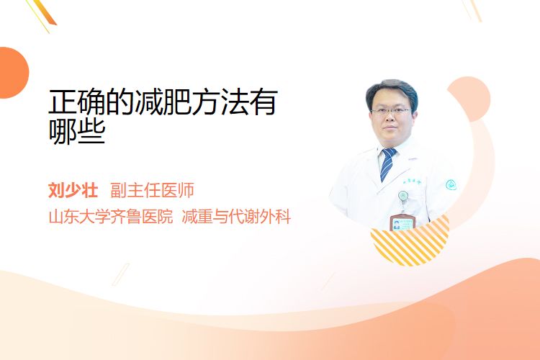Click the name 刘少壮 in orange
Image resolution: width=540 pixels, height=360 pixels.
[x=73, y=190]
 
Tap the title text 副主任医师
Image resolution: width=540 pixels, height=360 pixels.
[x=152, y=190]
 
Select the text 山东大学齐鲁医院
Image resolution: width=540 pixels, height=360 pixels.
[x=111, y=217]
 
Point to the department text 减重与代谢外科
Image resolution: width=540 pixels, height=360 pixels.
[x=236, y=217]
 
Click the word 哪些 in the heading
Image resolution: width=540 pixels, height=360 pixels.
[x=77, y=132]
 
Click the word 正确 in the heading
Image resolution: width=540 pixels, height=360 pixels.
[x=77, y=102]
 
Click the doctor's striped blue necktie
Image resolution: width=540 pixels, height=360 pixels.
[x=388, y=164]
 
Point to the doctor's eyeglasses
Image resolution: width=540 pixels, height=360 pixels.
[x=391, y=112]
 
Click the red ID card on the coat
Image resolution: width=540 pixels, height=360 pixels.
[x=402, y=222]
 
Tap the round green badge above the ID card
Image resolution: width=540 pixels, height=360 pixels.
[x=403, y=197]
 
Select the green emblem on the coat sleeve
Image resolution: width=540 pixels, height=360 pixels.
[x=451, y=184]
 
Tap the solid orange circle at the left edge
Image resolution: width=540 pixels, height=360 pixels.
[x=13, y=73]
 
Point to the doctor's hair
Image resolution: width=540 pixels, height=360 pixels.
[x=392, y=90]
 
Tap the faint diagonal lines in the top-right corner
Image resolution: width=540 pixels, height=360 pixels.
[x=472, y=10]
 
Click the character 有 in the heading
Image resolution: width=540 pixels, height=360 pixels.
[x=263, y=102]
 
